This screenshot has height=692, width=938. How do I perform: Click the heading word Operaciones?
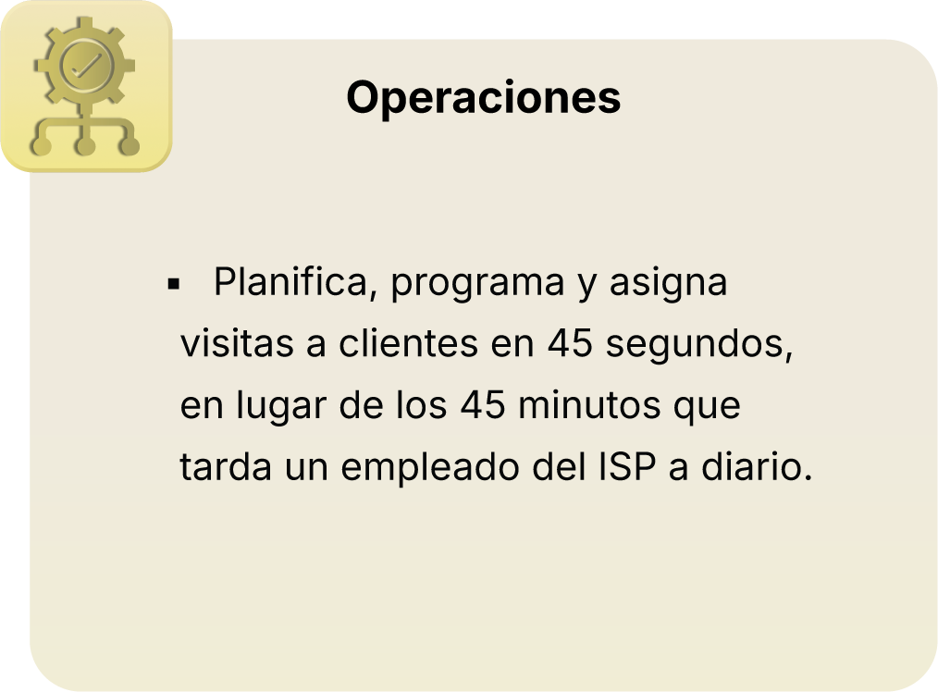pyautogui.click(x=483, y=98)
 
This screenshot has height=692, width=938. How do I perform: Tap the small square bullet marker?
pyautogui.click(x=173, y=284)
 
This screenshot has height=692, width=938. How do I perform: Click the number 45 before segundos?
pyautogui.click(x=570, y=345)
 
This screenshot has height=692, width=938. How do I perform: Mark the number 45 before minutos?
pyautogui.click(x=483, y=406)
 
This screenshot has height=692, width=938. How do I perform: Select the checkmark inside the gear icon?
pyautogui.click(x=85, y=67)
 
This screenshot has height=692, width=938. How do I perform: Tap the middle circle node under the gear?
pyautogui.click(x=85, y=145)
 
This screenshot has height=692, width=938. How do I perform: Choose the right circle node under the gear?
pyautogui.click(x=130, y=145)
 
